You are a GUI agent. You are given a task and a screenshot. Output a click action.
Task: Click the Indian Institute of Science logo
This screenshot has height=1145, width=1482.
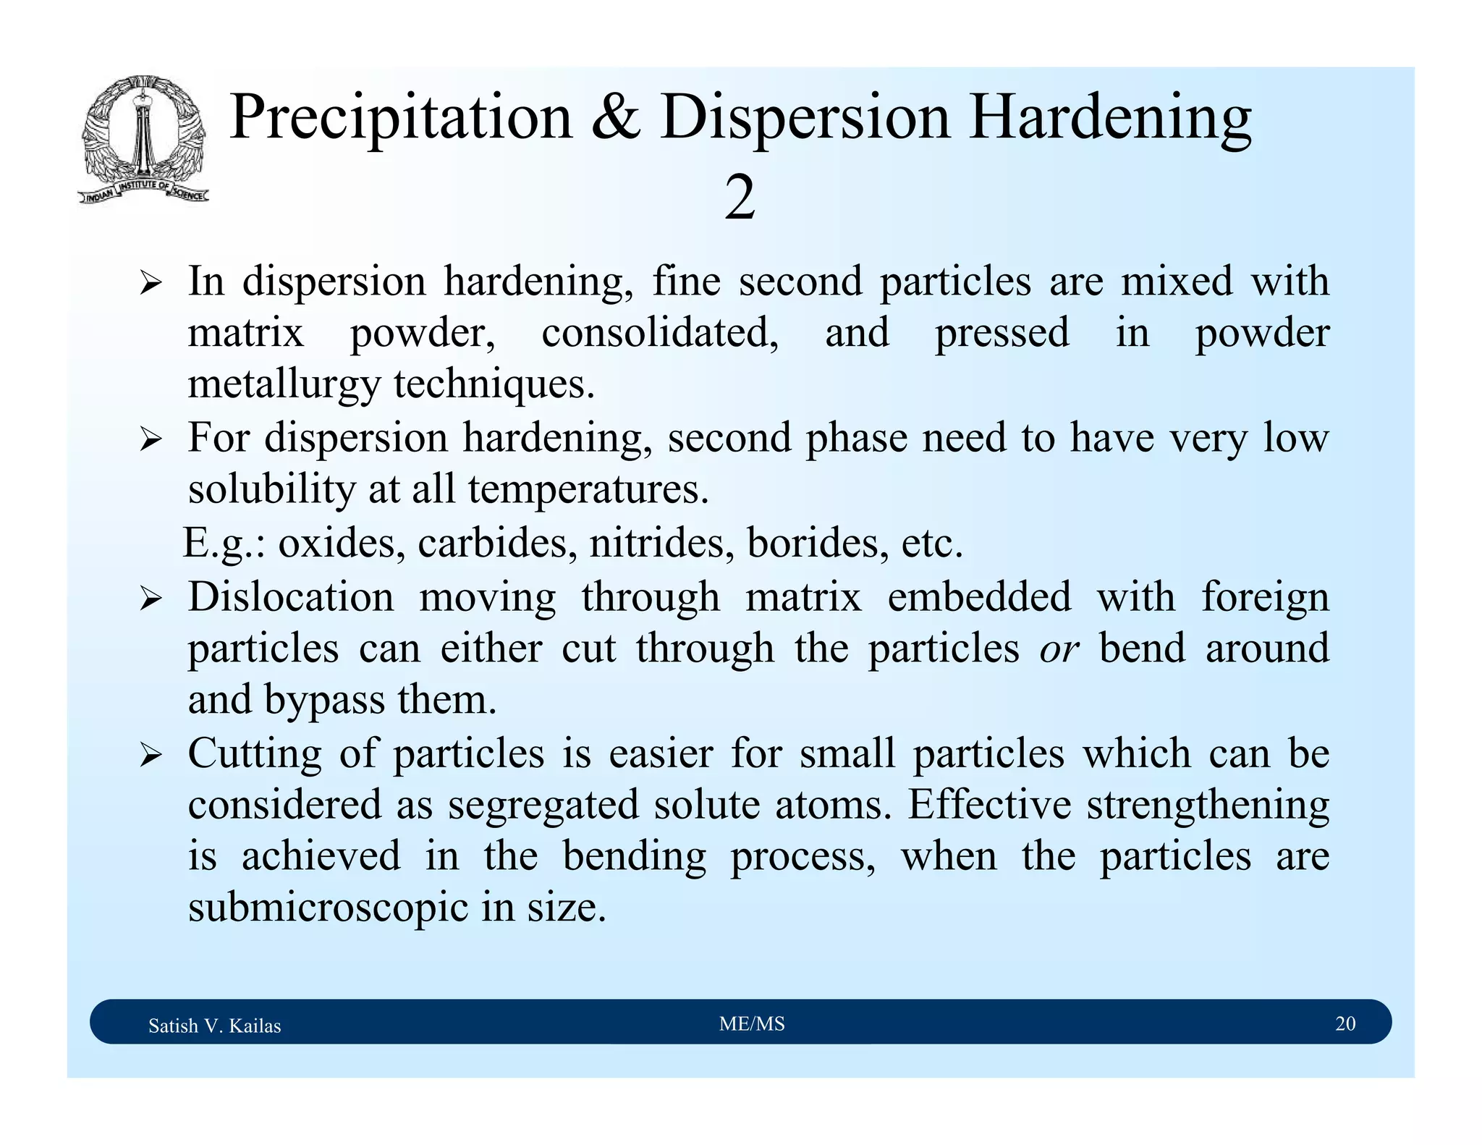click(143, 139)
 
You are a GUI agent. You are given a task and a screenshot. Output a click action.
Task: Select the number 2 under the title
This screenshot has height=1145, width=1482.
click(740, 198)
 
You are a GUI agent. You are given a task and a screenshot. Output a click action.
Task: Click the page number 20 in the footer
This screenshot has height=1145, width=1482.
click(1345, 1023)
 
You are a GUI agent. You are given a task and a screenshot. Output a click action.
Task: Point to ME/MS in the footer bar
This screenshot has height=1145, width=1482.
click(752, 1023)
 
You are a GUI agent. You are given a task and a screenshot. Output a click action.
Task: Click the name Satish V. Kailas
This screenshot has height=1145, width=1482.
click(214, 1026)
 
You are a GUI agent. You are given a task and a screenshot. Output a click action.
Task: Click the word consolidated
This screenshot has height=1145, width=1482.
click(659, 333)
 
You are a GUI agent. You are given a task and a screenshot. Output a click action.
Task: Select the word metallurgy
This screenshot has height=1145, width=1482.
click(284, 385)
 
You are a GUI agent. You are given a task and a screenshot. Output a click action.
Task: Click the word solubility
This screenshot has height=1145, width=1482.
click(271, 490)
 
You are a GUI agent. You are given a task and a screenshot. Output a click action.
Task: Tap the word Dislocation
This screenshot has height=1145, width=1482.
click(291, 598)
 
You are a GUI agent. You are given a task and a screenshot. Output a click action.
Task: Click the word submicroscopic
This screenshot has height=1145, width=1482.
click(328, 908)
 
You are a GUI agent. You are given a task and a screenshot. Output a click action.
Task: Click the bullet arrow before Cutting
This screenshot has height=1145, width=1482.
click(150, 756)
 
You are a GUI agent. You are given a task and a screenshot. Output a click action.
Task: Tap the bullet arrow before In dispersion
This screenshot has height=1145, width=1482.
click(150, 283)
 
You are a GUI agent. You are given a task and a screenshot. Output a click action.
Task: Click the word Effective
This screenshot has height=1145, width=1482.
click(989, 804)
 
